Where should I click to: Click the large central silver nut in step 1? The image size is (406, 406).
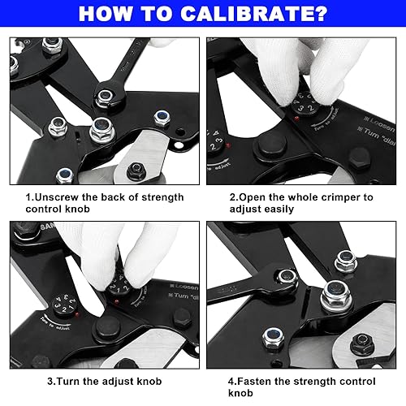pos(101,127)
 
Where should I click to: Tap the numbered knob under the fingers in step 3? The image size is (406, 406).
pos(120,288)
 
